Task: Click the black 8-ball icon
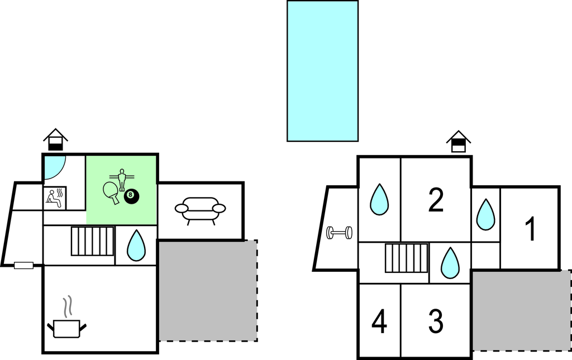pyautogui.click(x=131, y=196)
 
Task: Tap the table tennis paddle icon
pyautogui.click(x=112, y=191)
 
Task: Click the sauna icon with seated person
pyautogui.click(x=55, y=198)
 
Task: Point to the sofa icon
pyautogui.click(x=200, y=210)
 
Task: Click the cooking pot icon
pyautogui.click(x=67, y=328)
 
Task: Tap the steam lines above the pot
pyautogui.click(x=68, y=306)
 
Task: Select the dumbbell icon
pyautogui.click(x=339, y=232)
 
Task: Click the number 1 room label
pyautogui.click(x=530, y=229)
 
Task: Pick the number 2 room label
pyautogui.click(x=436, y=200)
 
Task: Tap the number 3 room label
pyautogui.click(x=436, y=321)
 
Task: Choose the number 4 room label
pyautogui.click(x=379, y=322)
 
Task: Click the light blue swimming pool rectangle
pyautogui.click(x=322, y=71)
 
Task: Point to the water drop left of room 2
pyautogui.click(x=379, y=199)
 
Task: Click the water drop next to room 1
pyautogui.click(x=485, y=215)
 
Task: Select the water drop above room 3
pyautogui.click(x=450, y=263)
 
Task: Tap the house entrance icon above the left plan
pyautogui.click(x=55, y=140)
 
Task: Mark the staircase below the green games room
pyautogui.click(x=93, y=241)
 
